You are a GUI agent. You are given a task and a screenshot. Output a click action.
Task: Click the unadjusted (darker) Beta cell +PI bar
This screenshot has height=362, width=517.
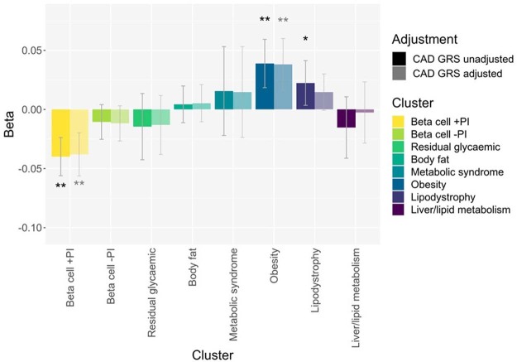[x=60, y=133]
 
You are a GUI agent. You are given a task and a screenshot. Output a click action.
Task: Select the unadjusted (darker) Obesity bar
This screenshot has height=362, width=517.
[x=265, y=86]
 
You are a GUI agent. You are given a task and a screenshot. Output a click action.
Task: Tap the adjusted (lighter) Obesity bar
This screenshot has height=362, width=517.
[x=283, y=87]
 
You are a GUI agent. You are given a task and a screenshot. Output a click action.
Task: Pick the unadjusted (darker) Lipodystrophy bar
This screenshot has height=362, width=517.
[x=305, y=95]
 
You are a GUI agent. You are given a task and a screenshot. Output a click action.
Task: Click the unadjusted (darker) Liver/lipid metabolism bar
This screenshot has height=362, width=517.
[x=346, y=118]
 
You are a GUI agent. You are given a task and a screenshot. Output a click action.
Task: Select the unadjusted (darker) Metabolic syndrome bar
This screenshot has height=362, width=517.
[x=224, y=100]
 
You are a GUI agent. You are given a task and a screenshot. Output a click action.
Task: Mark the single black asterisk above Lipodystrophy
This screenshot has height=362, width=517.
[x=305, y=40]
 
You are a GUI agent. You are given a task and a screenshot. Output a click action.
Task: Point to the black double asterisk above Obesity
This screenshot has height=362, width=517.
[x=265, y=20]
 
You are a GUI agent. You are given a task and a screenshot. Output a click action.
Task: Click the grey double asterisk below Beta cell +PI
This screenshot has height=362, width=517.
[x=79, y=184]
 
